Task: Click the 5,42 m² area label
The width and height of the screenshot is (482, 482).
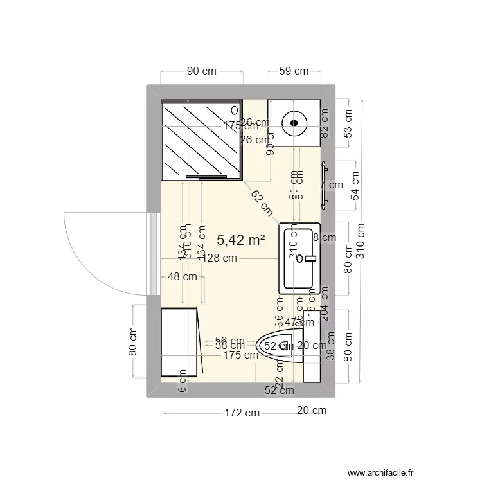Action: point(241,240)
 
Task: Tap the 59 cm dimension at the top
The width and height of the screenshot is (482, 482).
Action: point(294,71)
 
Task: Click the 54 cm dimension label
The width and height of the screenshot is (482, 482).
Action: point(354,187)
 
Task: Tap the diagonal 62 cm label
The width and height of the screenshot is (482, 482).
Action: point(262,204)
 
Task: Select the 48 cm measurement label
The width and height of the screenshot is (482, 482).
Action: point(182,277)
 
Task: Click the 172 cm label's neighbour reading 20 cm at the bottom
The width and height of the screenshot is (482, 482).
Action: point(311,411)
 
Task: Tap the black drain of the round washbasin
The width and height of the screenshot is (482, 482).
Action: point(294,121)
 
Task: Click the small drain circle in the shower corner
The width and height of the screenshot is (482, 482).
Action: point(234,110)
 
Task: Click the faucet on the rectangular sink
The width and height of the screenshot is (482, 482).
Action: point(311,258)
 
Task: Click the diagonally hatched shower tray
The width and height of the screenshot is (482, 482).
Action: point(201,138)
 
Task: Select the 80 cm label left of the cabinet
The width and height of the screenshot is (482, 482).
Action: point(133,342)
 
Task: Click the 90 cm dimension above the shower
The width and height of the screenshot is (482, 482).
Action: point(201,71)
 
